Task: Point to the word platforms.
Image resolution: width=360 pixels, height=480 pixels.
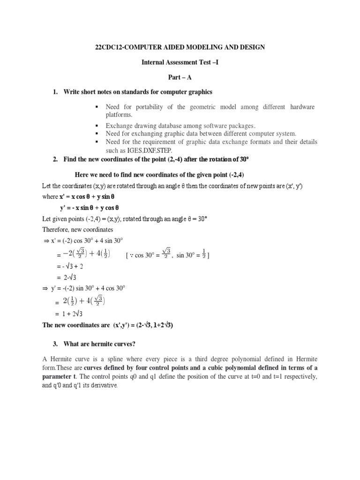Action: [x=119, y=114]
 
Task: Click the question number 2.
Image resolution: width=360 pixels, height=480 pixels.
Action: [x=55, y=160]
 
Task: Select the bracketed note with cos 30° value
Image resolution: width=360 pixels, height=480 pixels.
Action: [x=168, y=255]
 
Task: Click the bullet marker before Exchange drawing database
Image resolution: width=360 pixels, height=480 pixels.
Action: [x=96, y=126]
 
